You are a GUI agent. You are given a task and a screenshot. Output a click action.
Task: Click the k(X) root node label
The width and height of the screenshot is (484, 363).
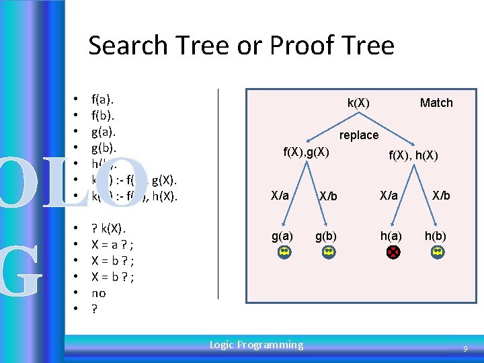tap(358, 103)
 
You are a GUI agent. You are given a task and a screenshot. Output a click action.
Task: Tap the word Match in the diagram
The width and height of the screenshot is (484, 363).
tap(436, 103)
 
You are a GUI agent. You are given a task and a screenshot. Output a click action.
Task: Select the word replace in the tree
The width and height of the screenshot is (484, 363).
tap(359, 135)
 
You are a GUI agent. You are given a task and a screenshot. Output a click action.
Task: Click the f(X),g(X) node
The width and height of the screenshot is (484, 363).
tap(306, 151)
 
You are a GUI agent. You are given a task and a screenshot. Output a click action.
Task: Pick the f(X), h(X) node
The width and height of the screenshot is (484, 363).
tap(414, 156)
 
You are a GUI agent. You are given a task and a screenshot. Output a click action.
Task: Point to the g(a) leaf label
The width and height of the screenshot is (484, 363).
tap(282, 236)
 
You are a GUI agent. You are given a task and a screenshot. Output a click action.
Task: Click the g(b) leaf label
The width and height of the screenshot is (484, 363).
tap(326, 236)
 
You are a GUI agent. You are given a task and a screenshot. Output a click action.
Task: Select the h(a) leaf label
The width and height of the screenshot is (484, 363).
tap(391, 236)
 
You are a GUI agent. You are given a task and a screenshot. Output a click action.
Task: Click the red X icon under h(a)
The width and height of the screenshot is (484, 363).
tap(392, 252)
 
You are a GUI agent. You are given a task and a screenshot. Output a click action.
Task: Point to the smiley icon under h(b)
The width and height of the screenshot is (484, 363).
tap(438, 252)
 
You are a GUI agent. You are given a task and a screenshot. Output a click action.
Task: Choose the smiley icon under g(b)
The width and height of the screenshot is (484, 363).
tap(327, 252)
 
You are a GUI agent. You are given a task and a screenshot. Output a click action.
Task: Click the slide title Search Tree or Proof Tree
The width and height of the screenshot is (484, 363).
tap(241, 45)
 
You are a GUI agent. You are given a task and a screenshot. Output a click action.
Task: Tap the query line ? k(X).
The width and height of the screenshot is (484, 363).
tap(108, 228)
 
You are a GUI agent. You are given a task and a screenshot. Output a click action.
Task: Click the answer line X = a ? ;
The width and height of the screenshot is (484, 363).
tap(112, 244)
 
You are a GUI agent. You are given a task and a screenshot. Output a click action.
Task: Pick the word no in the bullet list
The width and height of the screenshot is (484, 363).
tap(98, 293)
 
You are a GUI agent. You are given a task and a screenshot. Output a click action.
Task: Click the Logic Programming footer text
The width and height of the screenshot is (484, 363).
tap(256, 345)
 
